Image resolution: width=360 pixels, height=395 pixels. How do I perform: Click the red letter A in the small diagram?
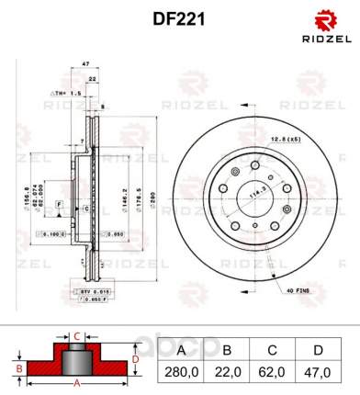coord(77,382)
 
